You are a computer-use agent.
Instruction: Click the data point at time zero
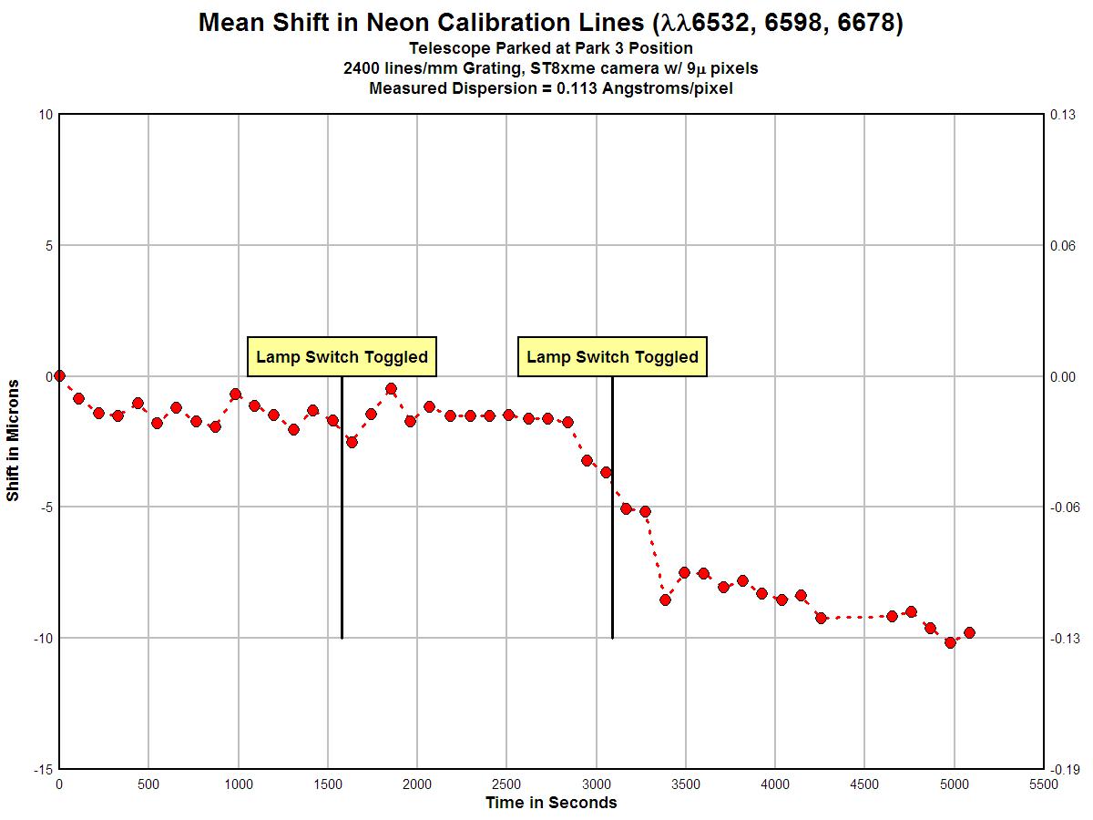click(x=59, y=375)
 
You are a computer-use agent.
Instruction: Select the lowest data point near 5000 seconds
click(x=950, y=642)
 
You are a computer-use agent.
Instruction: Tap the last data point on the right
click(x=969, y=632)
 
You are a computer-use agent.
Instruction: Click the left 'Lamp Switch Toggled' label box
click(x=342, y=356)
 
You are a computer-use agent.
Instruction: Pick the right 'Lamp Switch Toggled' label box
click(x=612, y=356)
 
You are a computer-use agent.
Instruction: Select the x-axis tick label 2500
click(x=506, y=784)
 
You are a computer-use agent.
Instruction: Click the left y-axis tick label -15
click(x=42, y=769)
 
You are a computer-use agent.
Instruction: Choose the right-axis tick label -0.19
click(x=1063, y=769)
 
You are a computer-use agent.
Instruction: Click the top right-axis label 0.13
click(x=1065, y=114)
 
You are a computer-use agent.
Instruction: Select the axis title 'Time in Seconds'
click(x=550, y=803)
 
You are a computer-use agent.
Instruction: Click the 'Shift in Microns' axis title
click(x=13, y=441)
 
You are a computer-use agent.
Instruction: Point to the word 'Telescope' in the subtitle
click(x=446, y=48)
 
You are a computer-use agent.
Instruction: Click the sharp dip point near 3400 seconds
click(x=665, y=600)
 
